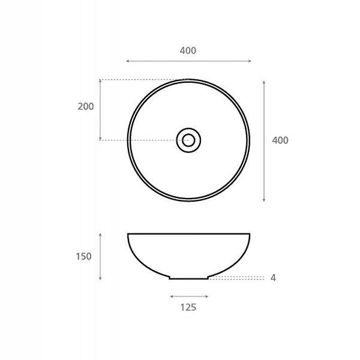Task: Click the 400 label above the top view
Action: tap(188, 50)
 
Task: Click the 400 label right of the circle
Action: tap(280, 140)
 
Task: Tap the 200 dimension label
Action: tap(86, 107)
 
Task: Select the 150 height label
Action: tap(83, 256)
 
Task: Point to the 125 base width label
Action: tap(188, 307)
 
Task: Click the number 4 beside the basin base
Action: tap(273, 278)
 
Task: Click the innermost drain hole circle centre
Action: tap(188, 140)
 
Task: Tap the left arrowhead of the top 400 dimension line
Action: tap(127, 61)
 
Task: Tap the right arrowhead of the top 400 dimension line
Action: tap(250, 61)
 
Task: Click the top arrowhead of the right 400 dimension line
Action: tap(264, 82)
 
